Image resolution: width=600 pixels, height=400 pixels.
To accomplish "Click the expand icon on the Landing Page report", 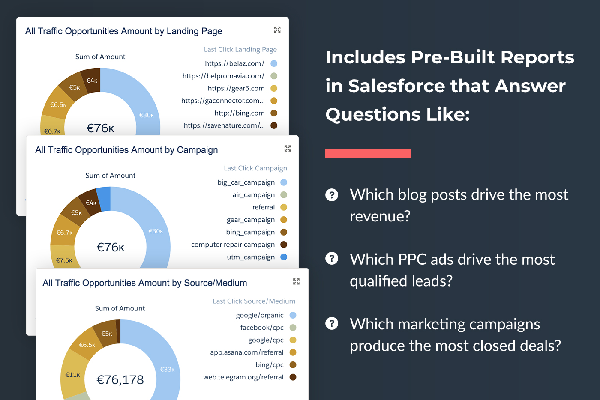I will point(277,30).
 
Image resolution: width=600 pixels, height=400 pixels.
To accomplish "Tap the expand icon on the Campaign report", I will point(288,148).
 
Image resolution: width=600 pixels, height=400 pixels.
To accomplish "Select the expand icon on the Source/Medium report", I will point(296,281).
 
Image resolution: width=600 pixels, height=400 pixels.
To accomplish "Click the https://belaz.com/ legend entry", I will point(234,63).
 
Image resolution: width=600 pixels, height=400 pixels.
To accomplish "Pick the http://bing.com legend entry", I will point(240,113).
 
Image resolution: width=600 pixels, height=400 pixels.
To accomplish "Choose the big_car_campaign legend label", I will point(246,182).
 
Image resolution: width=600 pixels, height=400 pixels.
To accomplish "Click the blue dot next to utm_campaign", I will point(284,257).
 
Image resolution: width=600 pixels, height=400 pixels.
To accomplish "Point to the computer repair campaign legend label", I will point(233,245).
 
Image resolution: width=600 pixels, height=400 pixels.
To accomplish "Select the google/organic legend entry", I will point(260,315).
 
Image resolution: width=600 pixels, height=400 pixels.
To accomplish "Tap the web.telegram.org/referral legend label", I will point(243,377).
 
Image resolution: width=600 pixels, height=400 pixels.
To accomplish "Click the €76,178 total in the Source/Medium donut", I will point(120,380).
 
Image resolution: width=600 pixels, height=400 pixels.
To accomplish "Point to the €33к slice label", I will point(167,369).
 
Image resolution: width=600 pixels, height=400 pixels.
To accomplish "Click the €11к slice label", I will point(72,375).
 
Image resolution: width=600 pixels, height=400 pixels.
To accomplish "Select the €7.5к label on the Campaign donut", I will point(64,260).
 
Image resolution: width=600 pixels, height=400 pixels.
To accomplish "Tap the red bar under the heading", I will point(368,153).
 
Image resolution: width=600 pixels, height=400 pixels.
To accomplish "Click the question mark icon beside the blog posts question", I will point(332,195).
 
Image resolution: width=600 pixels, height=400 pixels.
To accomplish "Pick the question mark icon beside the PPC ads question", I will point(332,259).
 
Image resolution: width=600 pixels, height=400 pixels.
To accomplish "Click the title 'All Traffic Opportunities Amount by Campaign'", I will point(126,150).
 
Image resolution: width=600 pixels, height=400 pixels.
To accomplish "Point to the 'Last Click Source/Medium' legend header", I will point(254,301).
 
